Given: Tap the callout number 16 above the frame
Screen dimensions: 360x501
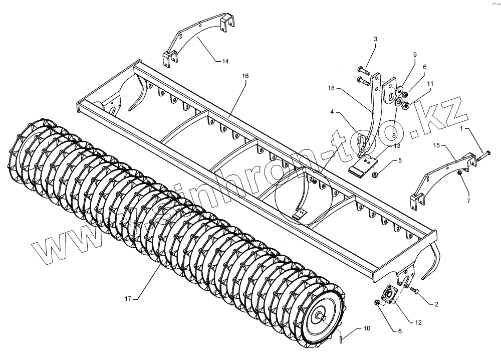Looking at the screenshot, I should click(x=245, y=76).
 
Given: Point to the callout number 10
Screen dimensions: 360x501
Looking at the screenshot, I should click(x=367, y=329).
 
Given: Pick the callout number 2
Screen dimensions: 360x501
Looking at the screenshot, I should click(x=436, y=304).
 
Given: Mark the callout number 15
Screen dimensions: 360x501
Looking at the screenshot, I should click(x=436, y=146).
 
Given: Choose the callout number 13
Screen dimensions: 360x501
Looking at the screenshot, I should click(x=397, y=146).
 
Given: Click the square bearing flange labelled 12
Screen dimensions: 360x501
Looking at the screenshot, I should click(x=389, y=295).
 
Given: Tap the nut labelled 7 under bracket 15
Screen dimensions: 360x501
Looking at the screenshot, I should click(x=459, y=173).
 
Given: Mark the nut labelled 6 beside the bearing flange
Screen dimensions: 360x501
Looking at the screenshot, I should click(x=377, y=303).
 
